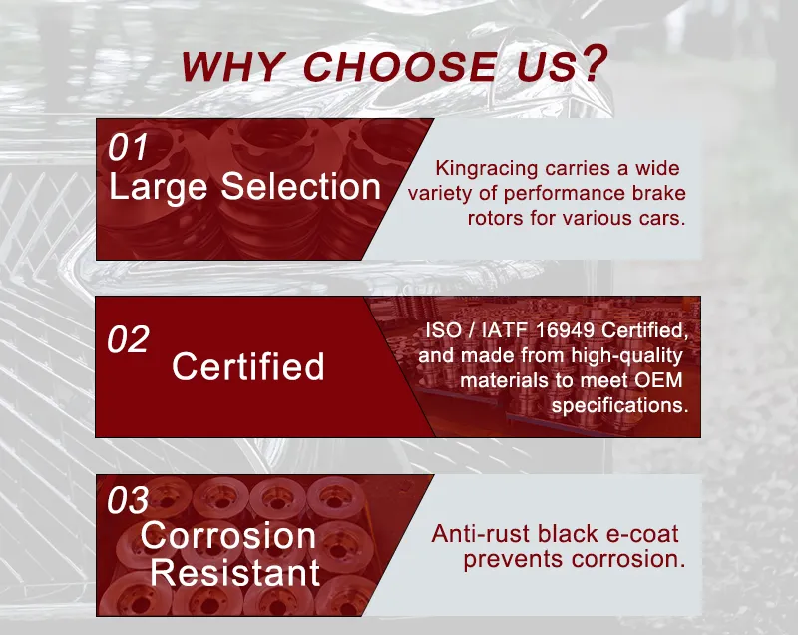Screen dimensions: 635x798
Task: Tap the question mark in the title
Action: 594,63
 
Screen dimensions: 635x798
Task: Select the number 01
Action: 128,148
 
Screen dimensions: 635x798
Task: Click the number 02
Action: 128,339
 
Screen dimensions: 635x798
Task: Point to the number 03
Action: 128,500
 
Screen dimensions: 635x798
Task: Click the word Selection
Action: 301,187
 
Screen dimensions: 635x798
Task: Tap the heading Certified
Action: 247,366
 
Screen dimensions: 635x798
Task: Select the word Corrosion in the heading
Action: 227,536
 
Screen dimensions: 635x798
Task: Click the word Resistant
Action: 234,573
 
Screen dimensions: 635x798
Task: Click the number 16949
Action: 578,331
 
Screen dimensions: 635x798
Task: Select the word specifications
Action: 619,406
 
